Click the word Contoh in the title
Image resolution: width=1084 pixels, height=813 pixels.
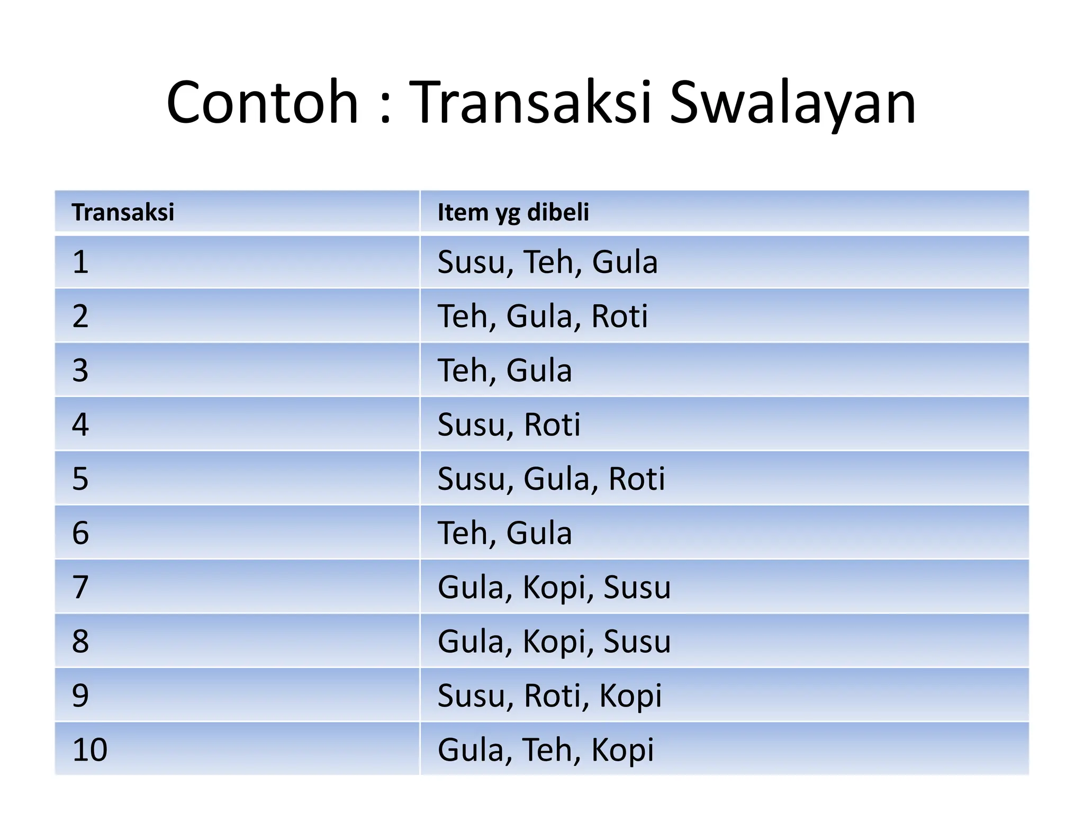263,102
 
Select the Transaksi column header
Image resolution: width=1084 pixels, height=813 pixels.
123,212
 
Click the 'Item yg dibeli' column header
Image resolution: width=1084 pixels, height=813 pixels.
513,212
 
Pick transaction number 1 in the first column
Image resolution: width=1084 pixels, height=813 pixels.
80,262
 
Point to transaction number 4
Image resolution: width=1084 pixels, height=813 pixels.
80,424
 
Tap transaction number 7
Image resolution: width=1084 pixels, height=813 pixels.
80,587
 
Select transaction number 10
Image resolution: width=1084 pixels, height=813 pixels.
90,749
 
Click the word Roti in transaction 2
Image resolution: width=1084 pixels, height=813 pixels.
619,317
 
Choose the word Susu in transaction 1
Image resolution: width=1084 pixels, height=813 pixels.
471,262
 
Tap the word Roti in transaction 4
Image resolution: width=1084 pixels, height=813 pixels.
552,424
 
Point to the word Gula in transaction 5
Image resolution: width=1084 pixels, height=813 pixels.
556,479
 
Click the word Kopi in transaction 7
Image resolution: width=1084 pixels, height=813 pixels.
554,588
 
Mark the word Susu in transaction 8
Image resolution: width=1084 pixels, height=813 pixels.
637,642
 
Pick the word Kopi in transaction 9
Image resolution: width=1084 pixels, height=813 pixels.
630,695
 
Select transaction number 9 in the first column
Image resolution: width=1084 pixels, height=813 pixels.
80,695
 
